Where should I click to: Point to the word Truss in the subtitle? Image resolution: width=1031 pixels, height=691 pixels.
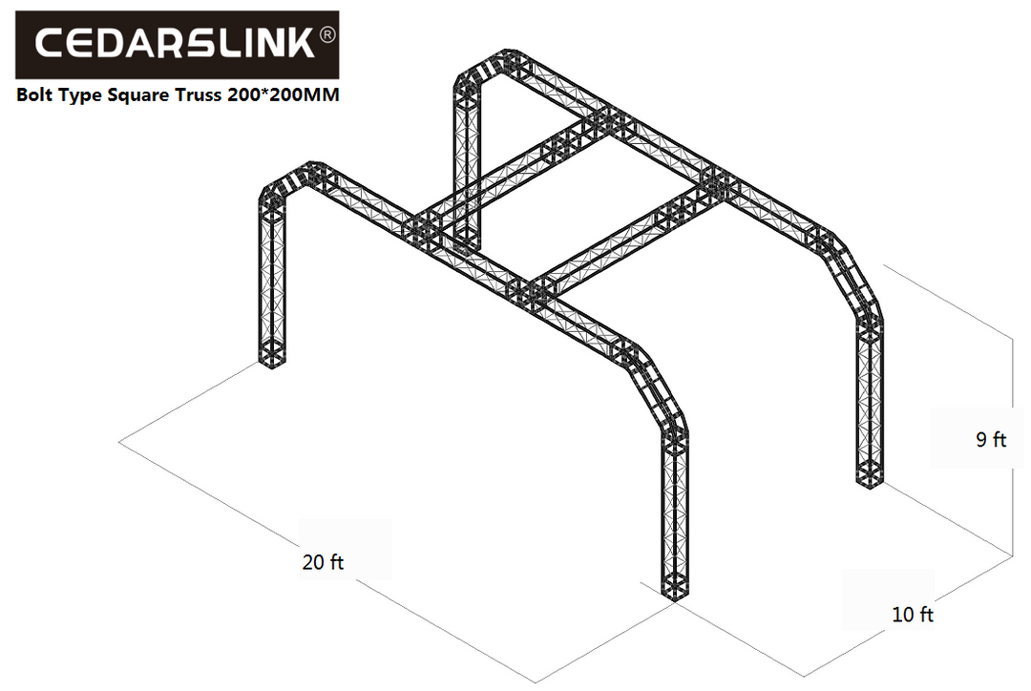click(187, 95)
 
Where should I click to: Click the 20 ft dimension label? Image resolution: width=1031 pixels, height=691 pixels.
click(323, 562)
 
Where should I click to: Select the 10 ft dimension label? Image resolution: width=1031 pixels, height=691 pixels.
click(912, 615)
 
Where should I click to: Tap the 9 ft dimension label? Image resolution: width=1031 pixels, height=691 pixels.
click(991, 440)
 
